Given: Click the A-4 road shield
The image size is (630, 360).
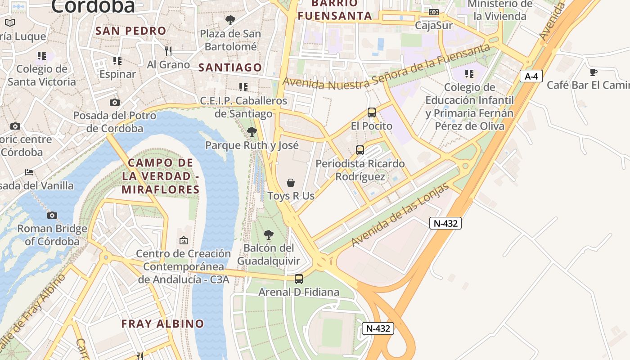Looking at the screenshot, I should [x=531, y=76].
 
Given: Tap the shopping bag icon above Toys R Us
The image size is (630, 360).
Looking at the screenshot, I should [x=291, y=183].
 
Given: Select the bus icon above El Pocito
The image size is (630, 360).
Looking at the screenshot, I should [x=372, y=112].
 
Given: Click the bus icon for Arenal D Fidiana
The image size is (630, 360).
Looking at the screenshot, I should [x=299, y=279].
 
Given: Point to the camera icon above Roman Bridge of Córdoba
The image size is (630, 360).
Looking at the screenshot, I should [x=52, y=216].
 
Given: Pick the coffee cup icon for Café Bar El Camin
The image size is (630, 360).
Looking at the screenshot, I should [x=594, y=72].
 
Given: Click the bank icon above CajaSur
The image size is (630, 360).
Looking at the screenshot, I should [x=434, y=12].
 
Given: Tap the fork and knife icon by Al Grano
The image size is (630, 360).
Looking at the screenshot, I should [x=168, y=51].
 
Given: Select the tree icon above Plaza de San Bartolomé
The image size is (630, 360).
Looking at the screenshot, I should [x=230, y=20].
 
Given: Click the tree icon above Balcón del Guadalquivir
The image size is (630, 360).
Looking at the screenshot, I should [x=269, y=234].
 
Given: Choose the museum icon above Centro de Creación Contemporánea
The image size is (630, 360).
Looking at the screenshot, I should [x=183, y=241].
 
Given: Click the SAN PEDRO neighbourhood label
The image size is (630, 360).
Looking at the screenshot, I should [x=131, y=31].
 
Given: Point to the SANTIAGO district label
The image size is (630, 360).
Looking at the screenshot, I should [x=230, y=67].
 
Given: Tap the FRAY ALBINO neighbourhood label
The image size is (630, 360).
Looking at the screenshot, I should [x=162, y=324].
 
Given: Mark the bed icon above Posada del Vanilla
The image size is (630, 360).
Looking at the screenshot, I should [x=29, y=172].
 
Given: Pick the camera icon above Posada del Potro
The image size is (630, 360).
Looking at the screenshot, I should [x=115, y=103].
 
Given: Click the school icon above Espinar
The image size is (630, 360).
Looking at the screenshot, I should [x=117, y=61].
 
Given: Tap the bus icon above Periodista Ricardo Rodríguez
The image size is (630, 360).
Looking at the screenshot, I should [x=360, y=150].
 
